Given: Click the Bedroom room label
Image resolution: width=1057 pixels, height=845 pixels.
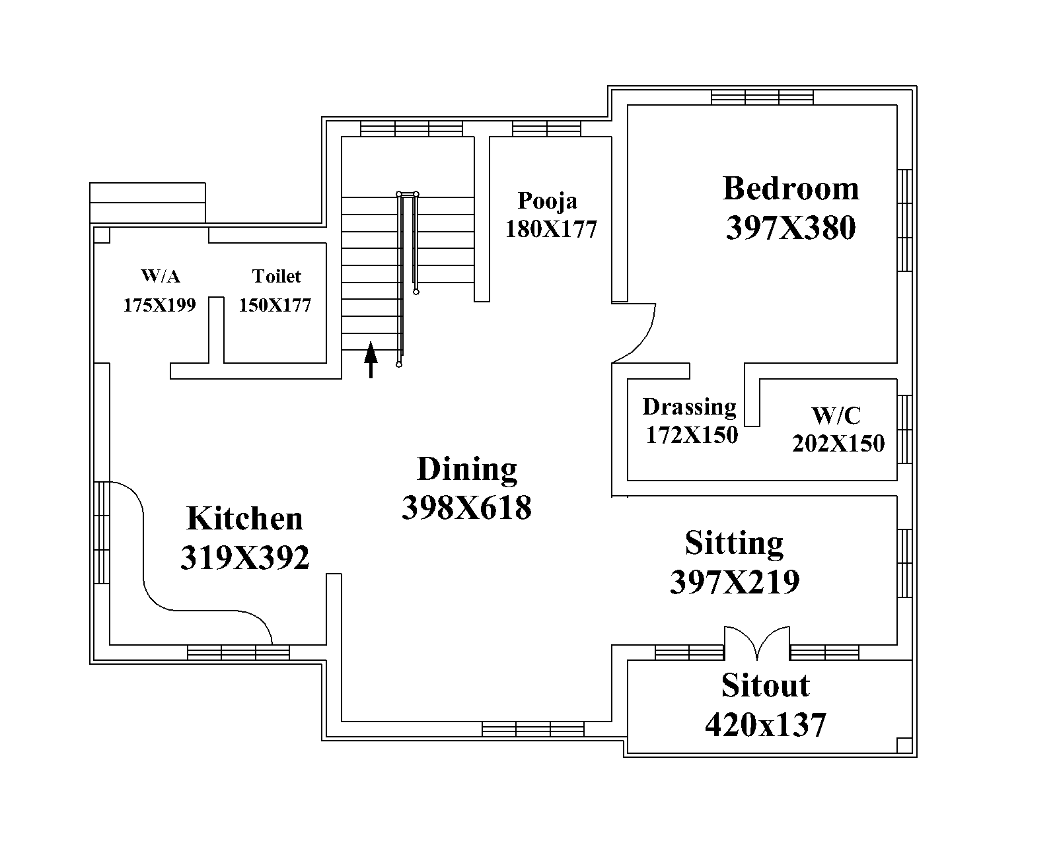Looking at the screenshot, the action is point(791,189).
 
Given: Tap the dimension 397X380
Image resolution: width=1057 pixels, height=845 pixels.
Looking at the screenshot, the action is point(791,228).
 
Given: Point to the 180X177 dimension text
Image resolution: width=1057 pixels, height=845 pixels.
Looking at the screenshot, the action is point(551,229).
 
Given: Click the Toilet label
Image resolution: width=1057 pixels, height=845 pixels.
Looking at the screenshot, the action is point(277,276).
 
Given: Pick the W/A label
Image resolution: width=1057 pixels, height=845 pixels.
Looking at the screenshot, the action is point(161,276).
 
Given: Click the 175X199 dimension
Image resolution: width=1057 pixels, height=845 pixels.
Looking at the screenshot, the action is point(159,306).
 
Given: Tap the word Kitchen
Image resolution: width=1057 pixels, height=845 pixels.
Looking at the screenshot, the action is point(244,518).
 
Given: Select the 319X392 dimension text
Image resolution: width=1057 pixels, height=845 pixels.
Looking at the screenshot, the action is point(244,558).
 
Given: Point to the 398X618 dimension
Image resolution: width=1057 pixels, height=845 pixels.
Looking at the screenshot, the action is point(466,508).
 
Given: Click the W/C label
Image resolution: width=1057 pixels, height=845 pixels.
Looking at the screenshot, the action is point(836,415).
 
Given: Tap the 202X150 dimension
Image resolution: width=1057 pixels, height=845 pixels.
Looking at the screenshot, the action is point(838,444).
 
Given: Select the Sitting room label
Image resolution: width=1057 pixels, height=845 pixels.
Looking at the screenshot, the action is point(735,544).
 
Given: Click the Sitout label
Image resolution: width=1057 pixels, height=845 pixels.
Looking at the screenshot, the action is point(765,685).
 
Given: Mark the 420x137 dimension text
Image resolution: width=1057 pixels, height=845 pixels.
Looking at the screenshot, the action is point(765,726).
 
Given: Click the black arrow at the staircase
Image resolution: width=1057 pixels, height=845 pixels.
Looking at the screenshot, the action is point(371,360).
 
